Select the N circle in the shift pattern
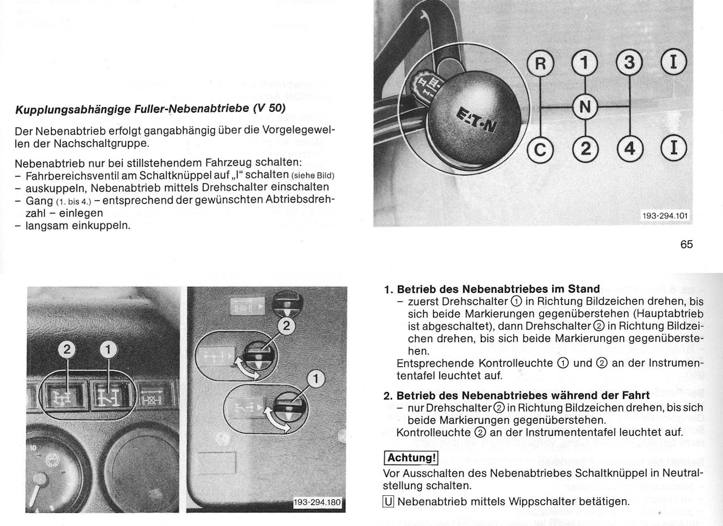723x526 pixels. tap(586, 107)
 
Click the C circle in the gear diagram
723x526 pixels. tap(540, 150)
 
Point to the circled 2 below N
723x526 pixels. tap(586, 150)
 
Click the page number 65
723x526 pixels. tap(686, 245)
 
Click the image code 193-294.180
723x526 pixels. tap(319, 503)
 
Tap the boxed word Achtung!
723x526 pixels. tap(411, 457)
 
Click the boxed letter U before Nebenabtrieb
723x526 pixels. tap(388, 502)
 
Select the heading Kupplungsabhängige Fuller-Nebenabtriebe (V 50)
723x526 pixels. tap(150, 108)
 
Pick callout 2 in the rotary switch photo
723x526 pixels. tap(287, 326)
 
